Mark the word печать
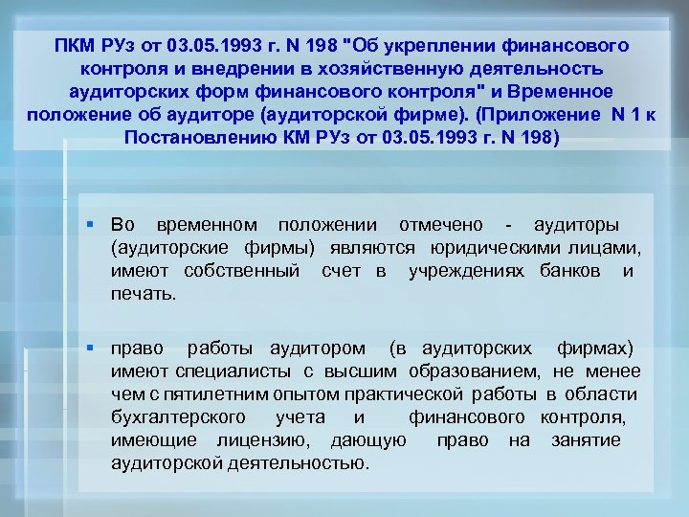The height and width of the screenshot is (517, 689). click(144, 294)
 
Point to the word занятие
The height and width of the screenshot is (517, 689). click(586, 439)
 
